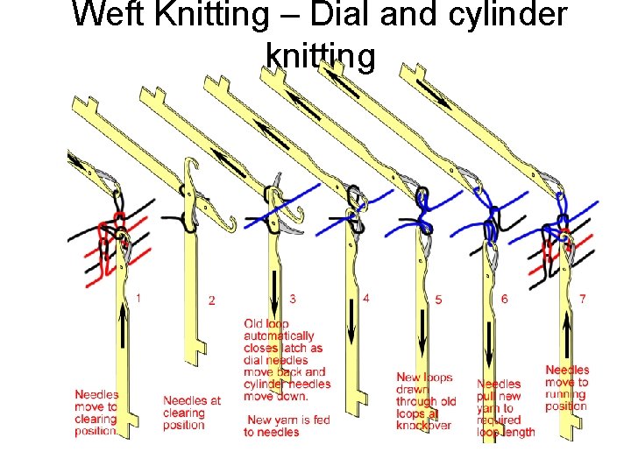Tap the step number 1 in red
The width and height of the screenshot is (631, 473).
tap(138, 299)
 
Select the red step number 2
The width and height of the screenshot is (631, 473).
tap(212, 300)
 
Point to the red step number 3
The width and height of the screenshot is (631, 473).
tap(293, 299)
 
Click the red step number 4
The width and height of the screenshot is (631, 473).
tap(366, 299)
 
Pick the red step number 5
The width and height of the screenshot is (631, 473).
tap(438, 300)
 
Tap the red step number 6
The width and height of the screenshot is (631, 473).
tap(505, 299)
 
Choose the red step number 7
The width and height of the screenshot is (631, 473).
tap(582, 299)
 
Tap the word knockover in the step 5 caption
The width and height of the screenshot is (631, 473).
tap(425, 425)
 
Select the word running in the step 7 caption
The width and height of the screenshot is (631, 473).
tap(566, 394)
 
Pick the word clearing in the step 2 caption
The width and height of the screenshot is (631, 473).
tap(184, 413)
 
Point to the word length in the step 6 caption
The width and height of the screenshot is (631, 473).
tap(517, 432)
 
